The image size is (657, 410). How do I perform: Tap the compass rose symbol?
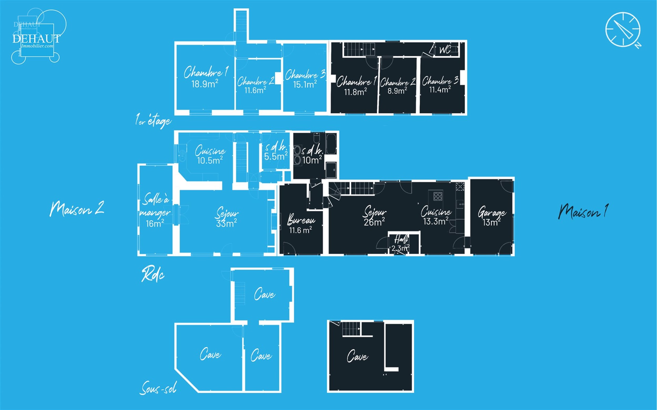[623, 30]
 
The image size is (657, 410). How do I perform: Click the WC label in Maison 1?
[445, 50]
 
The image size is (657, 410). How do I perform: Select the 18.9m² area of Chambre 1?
[205, 84]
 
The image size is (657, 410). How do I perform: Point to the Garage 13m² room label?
[492, 216]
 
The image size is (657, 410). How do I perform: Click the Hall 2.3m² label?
[400, 244]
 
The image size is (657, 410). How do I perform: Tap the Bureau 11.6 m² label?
[301, 224]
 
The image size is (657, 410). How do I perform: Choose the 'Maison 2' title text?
[77, 209]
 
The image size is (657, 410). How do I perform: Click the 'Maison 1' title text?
[583, 211]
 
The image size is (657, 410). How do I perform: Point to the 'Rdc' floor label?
[153, 274]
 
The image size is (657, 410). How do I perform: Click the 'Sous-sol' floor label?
[158, 388]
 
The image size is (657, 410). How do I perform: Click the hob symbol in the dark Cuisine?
[438, 196]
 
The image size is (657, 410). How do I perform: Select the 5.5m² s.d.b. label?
[276, 151]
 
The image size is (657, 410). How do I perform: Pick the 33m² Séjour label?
[227, 217]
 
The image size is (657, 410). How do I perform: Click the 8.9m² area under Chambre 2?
[397, 91]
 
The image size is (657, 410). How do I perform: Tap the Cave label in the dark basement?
[358, 356]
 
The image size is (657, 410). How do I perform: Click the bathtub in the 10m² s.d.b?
[331, 143]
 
